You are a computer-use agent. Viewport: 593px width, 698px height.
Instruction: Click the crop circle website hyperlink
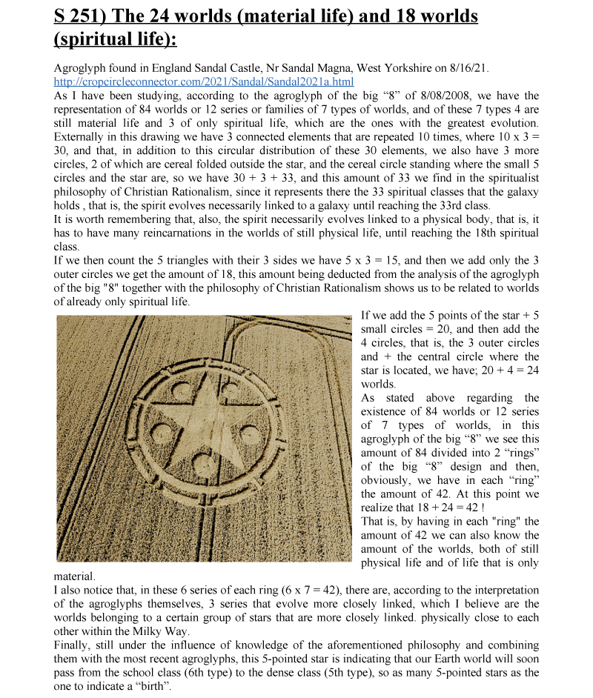(204, 82)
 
